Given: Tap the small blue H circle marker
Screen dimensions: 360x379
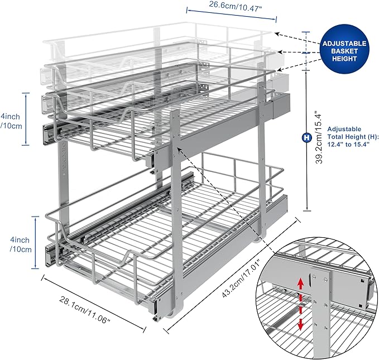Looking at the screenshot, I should (x=306, y=137).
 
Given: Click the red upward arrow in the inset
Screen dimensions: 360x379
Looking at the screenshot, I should (x=300, y=285).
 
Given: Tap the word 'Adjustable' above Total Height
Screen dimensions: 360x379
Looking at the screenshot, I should (x=344, y=129).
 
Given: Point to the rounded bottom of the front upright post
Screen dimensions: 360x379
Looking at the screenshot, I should (x=179, y=310).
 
